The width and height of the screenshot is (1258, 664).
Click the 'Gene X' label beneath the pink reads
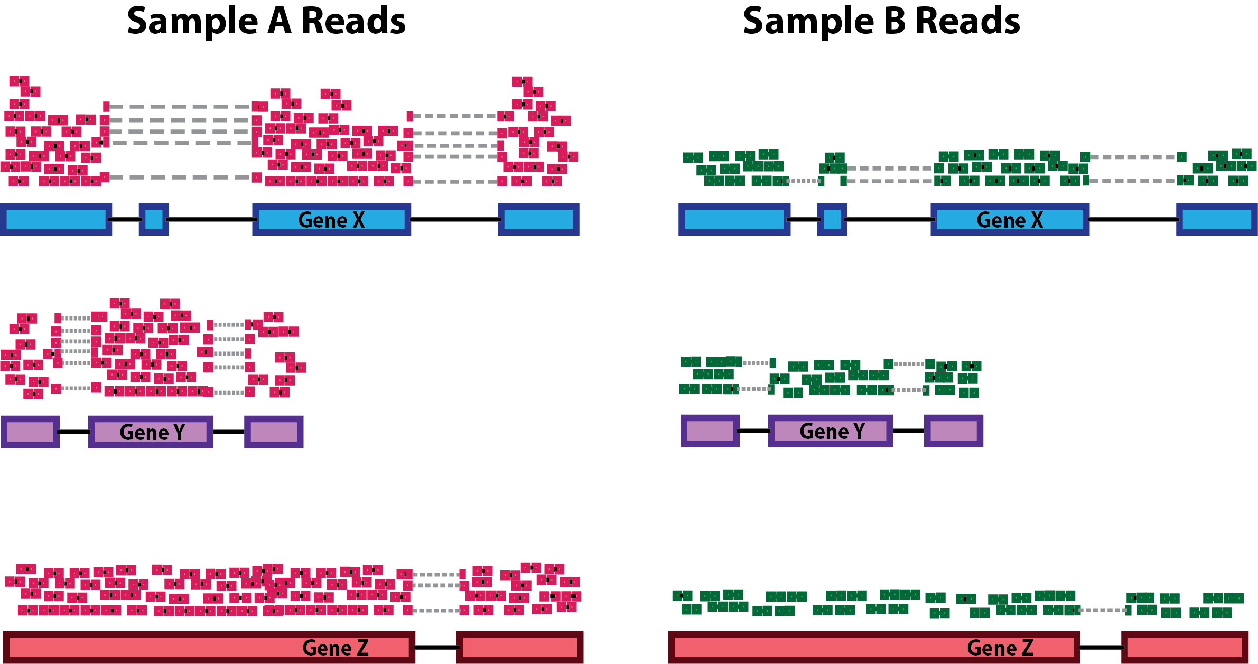[x=331, y=220]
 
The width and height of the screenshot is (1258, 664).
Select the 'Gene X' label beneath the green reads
[x=1010, y=220]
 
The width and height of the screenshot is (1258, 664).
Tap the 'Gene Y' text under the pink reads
[x=152, y=432]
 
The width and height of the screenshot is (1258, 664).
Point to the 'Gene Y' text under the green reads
[x=832, y=431]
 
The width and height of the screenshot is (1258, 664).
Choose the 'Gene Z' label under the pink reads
[x=336, y=648]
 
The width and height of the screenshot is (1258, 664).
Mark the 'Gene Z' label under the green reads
[x=1000, y=648]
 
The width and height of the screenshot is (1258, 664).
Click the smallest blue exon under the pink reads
[x=154, y=219]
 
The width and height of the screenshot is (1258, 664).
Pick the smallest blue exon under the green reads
[x=832, y=219]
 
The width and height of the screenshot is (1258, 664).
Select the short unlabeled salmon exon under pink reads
[x=520, y=647]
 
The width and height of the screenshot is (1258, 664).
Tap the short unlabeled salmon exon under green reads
[x=1185, y=647]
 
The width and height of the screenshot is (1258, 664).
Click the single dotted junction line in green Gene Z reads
[x=1103, y=610]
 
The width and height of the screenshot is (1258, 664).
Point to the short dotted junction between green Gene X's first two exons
[x=804, y=181]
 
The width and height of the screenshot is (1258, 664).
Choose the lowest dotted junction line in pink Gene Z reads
[x=436, y=611]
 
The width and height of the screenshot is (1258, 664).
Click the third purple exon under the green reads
[x=954, y=431]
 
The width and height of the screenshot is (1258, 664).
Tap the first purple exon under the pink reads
[x=30, y=432]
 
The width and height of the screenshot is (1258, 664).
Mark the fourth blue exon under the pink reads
[x=538, y=219]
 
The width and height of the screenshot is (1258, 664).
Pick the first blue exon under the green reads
[x=734, y=219]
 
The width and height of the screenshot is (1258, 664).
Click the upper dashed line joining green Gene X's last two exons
[x=1133, y=157]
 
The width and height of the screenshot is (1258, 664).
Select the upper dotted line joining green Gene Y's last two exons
[x=909, y=363]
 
